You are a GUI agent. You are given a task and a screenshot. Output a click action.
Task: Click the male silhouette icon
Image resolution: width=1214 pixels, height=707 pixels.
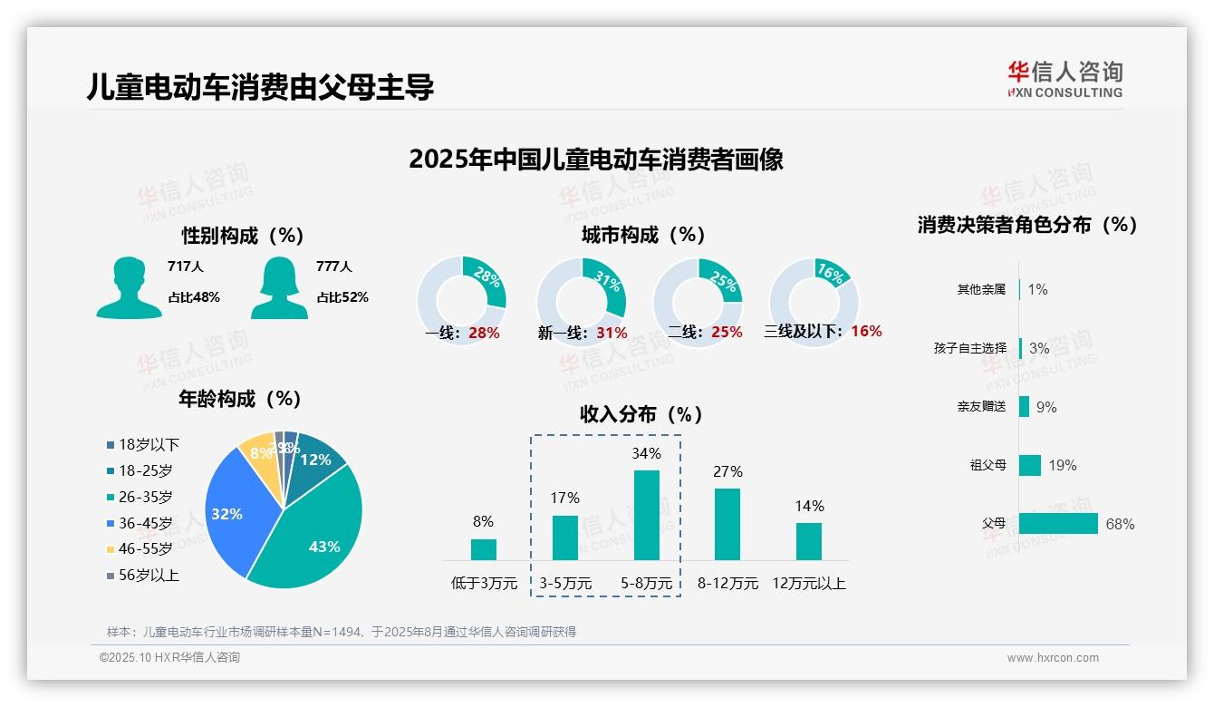tap(129, 287)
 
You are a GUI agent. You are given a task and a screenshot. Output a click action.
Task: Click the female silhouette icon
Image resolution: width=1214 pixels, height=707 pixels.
tap(279, 287)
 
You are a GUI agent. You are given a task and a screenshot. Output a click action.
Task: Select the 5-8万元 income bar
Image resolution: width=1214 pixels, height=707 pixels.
tap(646, 515)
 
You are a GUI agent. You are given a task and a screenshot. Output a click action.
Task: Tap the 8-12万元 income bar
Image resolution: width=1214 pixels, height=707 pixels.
tap(727, 524)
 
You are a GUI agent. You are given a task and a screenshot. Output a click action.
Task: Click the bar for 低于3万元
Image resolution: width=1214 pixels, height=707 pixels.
tap(484, 549)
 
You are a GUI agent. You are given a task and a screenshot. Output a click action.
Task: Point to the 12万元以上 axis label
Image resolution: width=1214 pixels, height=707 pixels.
tap(808, 584)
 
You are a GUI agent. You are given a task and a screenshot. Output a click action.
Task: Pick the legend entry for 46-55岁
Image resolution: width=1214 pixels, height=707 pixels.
tap(145, 549)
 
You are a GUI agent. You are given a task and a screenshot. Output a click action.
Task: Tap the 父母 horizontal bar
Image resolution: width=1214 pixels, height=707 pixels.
tap(1058, 524)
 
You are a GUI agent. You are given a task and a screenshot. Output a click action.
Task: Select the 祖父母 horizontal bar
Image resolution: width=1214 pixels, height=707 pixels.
tap(1030, 465)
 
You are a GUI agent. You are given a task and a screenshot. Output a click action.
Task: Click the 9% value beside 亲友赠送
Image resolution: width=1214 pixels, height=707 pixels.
tap(1046, 407)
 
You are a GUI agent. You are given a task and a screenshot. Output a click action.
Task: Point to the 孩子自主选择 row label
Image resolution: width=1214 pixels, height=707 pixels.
tap(969, 348)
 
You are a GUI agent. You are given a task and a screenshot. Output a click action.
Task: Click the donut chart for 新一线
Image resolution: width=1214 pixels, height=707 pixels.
tap(582, 301)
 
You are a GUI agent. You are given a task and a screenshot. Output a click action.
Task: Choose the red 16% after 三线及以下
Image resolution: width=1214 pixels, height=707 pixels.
tap(866, 331)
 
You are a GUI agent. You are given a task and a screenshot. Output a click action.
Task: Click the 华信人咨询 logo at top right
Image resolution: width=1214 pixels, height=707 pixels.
tap(1065, 79)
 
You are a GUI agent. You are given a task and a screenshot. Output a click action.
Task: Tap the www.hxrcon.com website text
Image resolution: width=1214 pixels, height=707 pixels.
tap(1053, 658)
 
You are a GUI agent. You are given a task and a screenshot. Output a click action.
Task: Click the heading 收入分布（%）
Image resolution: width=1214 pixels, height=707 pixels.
tap(642, 414)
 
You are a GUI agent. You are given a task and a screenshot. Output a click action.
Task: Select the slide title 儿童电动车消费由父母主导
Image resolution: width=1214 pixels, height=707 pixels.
tap(261, 87)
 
